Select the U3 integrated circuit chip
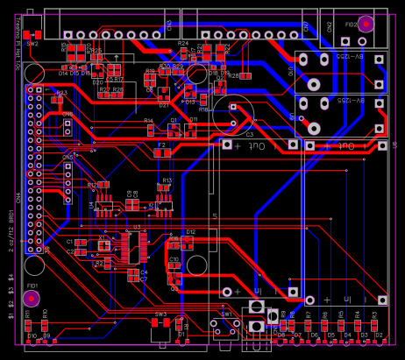click(131, 246)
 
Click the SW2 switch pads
click(32, 34)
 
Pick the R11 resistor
click(27, 322)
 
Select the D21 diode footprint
click(164, 96)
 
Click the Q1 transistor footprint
click(174, 279)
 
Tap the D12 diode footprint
click(190, 239)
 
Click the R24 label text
click(182, 42)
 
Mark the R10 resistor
click(44, 322)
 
